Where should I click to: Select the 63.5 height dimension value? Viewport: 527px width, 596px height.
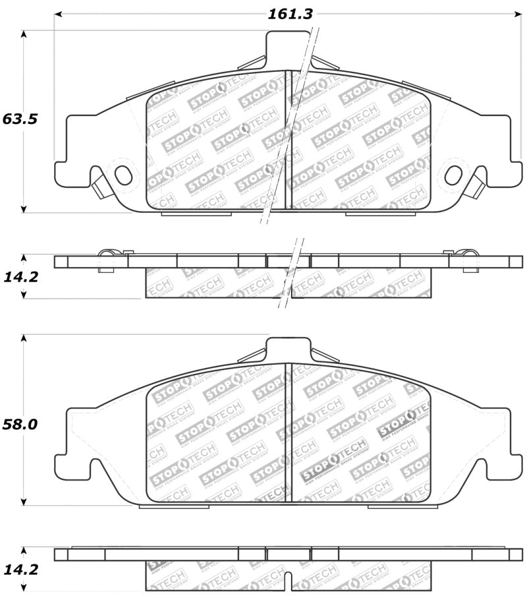click(x=20, y=119)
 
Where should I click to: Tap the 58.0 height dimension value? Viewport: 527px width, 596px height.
click(x=20, y=424)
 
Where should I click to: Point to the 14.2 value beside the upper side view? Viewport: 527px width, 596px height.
click(x=20, y=276)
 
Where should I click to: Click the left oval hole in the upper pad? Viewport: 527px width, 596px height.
click(x=123, y=175)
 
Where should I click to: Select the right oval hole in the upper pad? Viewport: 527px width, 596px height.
click(x=453, y=175)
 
